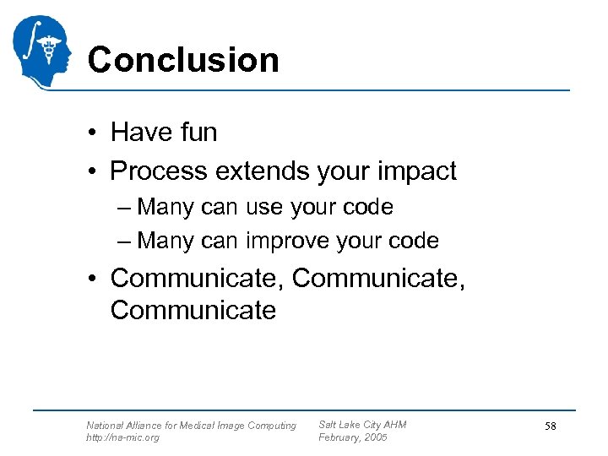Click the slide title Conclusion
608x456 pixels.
click(x=182, y=60)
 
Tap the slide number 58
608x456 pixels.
click(x=550, y=426)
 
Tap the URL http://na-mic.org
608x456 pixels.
click(x=122, y=437)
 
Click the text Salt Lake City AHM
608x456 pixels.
click(x=362, y=425)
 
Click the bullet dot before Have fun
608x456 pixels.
click(x=98, y=133)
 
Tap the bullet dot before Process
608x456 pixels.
click(x=98, y=172)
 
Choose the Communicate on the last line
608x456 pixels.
click(x=193, y=310)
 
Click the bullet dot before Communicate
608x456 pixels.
click(x=98, y=279)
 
